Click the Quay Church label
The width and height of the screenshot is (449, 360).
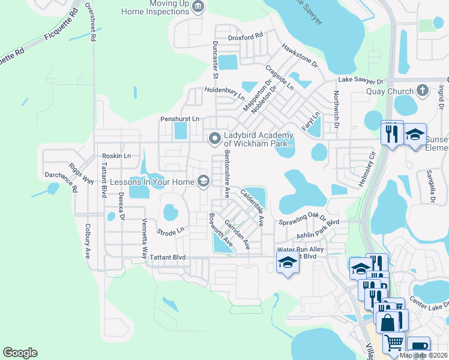click(390, 92)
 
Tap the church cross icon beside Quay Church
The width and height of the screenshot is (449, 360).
click(423, 91)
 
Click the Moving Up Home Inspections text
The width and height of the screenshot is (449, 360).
click(155, 7)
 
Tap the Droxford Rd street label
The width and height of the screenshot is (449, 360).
click(246, 37)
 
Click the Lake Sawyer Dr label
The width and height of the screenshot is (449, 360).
click(360, 80)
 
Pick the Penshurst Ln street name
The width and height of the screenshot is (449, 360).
click(179, 119)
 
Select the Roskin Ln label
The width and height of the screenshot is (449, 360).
click(116, 156)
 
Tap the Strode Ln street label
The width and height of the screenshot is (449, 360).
click(170, 231)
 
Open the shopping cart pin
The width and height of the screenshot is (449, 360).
click(394, 343)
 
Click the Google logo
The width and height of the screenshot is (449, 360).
click(20, 353)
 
